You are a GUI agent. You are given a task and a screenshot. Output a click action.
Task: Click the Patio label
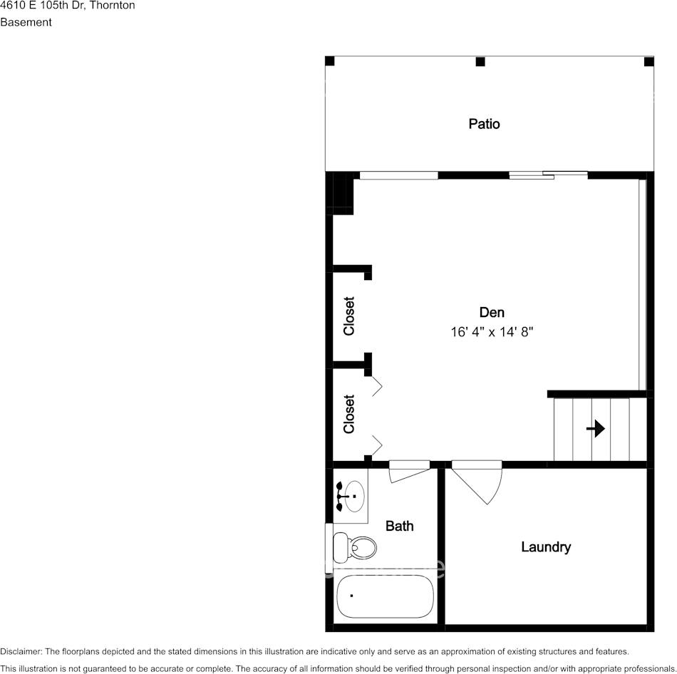pyautogui.click(x=484, y=124)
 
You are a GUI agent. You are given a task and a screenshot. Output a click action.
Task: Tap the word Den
pyautogui.click(x=492, y=312)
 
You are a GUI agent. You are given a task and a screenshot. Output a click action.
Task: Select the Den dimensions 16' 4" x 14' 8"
pyautogui.click(x=492, y=332)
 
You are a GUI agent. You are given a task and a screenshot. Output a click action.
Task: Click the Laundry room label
pyautogui.click(x=546, y=547)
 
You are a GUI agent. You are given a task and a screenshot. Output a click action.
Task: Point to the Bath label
pyautogui.click(x=399, y=526)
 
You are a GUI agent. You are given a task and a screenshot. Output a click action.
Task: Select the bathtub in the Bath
pyautogui.click(x=384, y=596)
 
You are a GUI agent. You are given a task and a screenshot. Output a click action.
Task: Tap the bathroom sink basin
pyautogui.click(x=353, y=495)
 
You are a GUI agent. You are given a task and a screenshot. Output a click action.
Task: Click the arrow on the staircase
pyautogui.click(x=596, y=428)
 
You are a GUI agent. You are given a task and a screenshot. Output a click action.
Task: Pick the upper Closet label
pyautogui.click(x=349, y=316)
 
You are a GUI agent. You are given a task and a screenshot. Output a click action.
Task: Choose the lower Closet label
pyautogui.click(x=349, y=414)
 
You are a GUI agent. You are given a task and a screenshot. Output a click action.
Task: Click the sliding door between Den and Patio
pyautogui.click(x=549, y=175)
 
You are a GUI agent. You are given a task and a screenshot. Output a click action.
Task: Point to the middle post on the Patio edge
pyautogui.click(x=480, y=62)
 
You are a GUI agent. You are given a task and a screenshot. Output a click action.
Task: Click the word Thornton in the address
pyautogui.click(x=112, y=5)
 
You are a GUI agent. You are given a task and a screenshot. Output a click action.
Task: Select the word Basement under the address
pyautogui.click(x=26, y=22)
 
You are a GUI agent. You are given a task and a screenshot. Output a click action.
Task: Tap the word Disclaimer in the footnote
pyautogui.click(x=21, y=652)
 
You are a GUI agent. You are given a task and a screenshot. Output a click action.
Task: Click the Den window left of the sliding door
pyautogui.click(x=399, y=175)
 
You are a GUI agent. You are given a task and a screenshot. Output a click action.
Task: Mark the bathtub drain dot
pyautogui.click(x=351, y=595)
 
